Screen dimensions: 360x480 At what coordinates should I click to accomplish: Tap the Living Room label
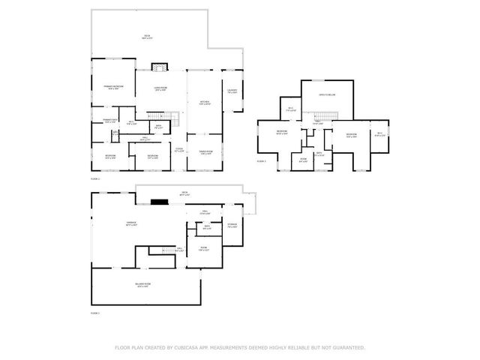coord(160,89)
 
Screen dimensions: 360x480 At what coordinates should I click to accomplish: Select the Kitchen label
coord(204,103)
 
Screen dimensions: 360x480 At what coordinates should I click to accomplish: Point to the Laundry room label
coord(232,92)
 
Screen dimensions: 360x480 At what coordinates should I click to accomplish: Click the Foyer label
coord(179,150)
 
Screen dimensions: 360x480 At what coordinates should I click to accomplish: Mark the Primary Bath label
coord(109,121)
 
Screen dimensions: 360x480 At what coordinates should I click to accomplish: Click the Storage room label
coord(232,225)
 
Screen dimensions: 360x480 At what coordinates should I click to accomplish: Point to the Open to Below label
coord(326,95)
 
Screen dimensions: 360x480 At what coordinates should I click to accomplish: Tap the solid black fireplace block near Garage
coord(158,201)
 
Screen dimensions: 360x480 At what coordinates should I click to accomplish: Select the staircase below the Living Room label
coord(172,118)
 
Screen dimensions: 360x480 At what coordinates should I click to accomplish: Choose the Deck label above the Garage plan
coord(184,193)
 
